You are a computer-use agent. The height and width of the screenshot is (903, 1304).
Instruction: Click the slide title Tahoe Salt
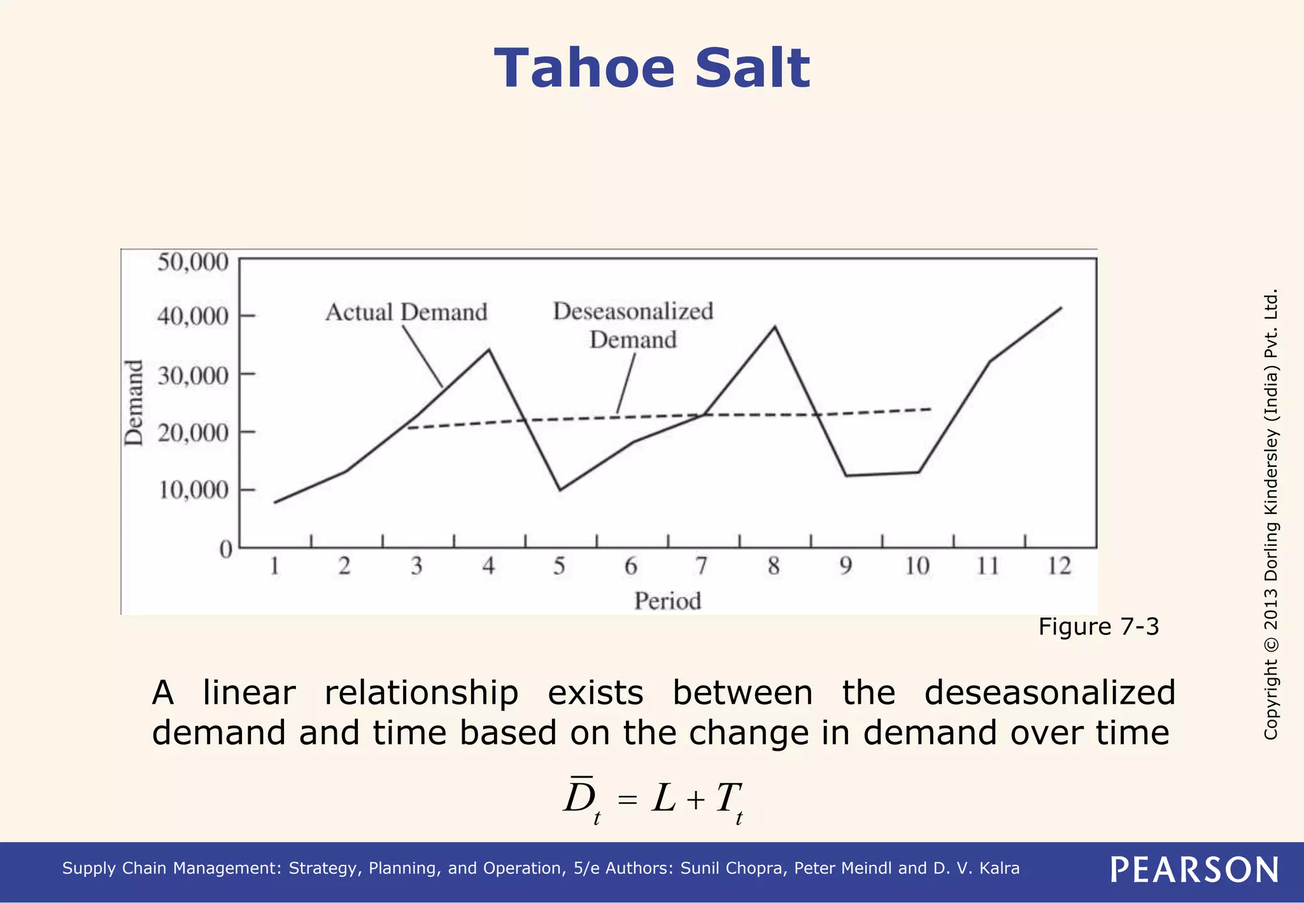pos(651,69)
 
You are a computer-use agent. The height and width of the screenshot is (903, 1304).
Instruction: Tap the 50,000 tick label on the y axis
pos(192,262)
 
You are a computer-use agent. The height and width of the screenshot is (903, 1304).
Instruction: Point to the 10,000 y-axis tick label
pos(192,490)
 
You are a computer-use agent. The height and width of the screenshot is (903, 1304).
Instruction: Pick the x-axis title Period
pos(667,601)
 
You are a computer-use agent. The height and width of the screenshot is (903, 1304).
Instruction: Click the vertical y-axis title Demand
pos(134,402)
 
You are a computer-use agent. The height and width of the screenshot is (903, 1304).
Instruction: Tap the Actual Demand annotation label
pos(406,313)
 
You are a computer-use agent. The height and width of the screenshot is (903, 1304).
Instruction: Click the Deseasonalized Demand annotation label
pos(633,325)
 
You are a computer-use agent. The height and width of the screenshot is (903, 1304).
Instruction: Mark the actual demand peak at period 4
pos(488,350)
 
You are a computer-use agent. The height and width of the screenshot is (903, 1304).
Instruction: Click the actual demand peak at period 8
pos(774,327)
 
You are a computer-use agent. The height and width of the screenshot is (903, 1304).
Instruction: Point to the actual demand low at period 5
pos(560,490)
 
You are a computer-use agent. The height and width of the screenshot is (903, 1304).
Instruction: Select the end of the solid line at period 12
pos(1061,308)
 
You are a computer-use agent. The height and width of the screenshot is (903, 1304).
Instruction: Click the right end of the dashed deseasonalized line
pos(930,409)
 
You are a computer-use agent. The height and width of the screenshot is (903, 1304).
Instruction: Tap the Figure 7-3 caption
pos(1098,627)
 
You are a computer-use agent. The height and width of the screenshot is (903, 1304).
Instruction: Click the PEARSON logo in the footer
pos(1194,870)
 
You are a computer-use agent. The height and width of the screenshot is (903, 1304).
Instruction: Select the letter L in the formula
pos(663,799)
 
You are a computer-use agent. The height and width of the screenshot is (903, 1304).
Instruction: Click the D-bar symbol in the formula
pos(579,797)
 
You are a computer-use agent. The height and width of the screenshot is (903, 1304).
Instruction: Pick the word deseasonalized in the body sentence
pos(1049,692)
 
